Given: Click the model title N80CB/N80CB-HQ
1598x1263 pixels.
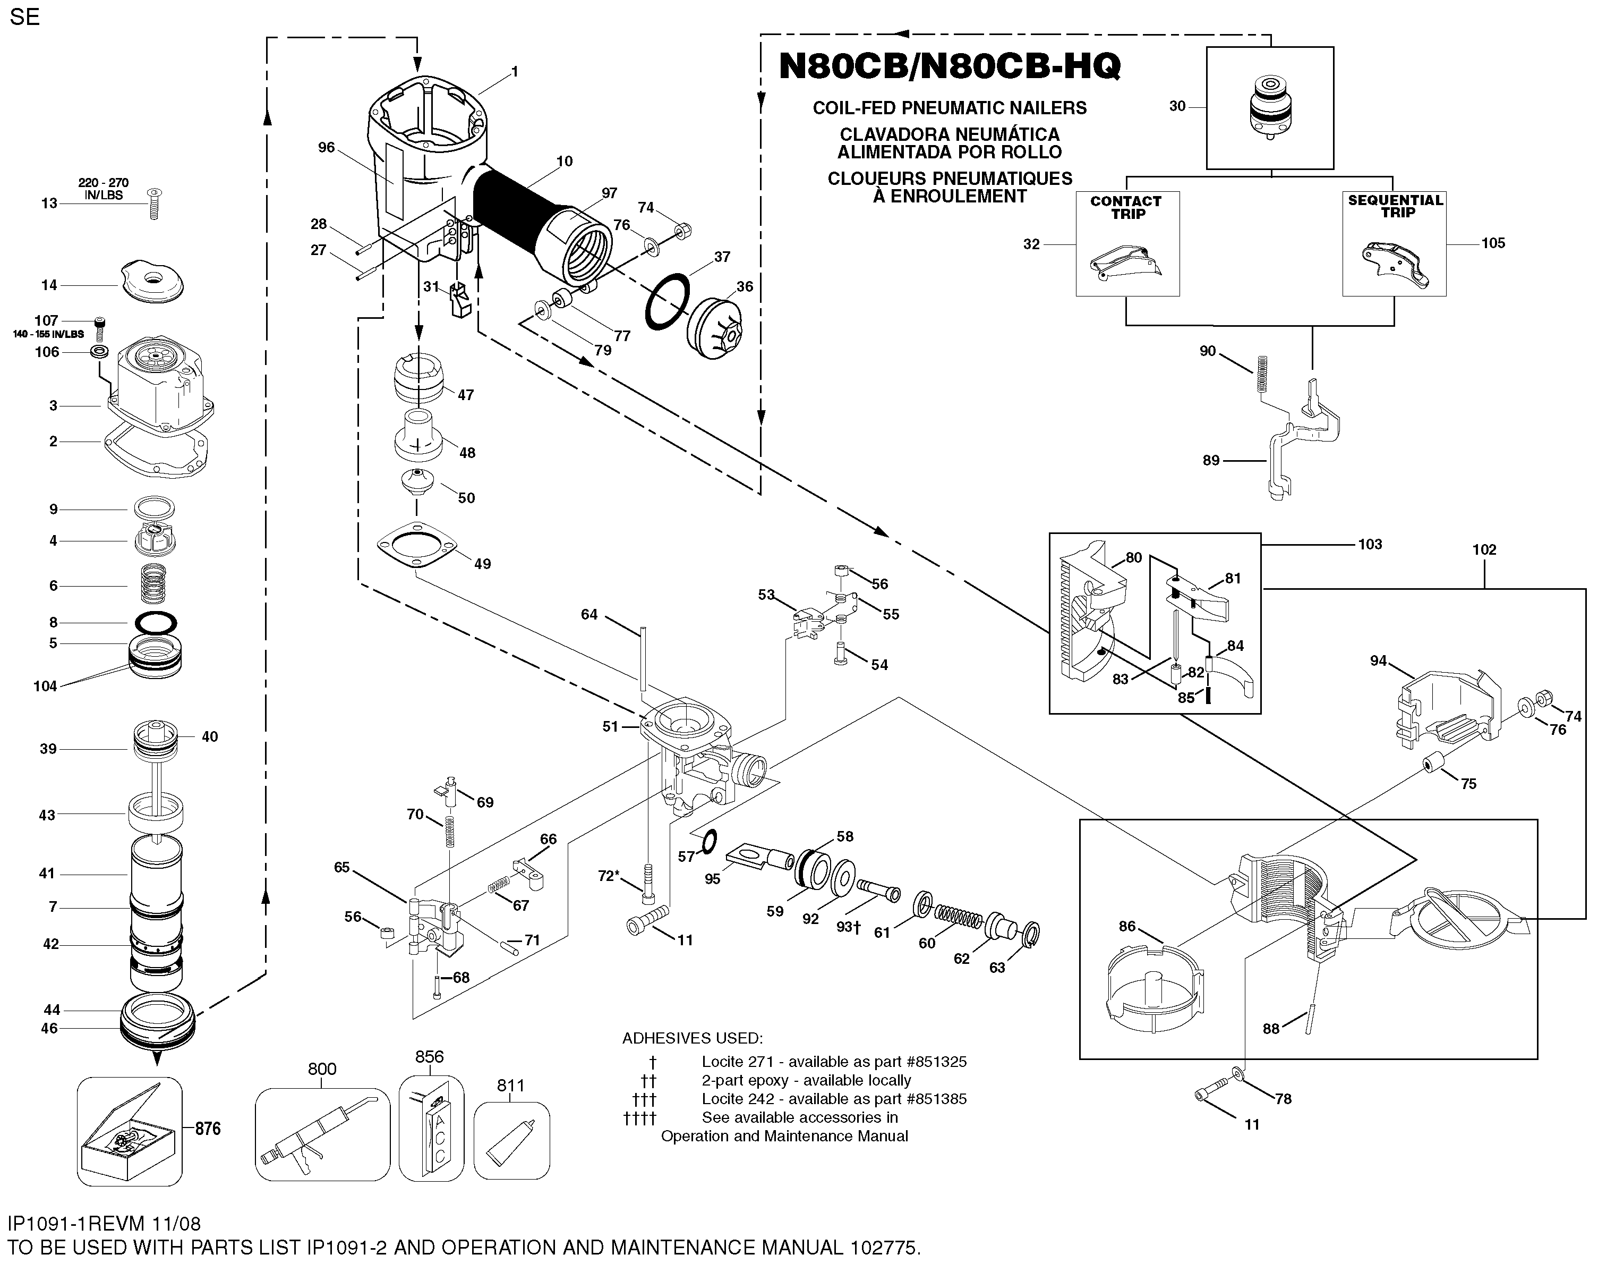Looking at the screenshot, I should pyautogui.click(x=950, y=66).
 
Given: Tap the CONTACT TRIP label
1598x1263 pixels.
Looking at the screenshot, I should pyautogui.click(x=1126, y=207).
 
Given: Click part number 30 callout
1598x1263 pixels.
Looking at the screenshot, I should pyautogui.click(x=1177, y=106).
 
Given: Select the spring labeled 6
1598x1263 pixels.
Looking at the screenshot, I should pyautogui.click(x=153, y=584).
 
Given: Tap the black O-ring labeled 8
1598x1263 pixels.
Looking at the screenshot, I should pyautogui.click(x=157, y=623).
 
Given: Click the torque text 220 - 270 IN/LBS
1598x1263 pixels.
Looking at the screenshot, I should pyautogui.click(x=104, y=189).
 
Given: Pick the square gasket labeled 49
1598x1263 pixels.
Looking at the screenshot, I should pyautogui.click(x=417, y=546).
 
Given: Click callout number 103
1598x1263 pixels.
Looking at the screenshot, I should pyautogui.click(x=1370, y=544).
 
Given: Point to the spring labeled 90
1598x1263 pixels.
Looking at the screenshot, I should pyautogui.click(x=1263, y=374).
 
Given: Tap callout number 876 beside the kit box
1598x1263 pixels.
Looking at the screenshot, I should pyautogui.click(x=208, y=1129).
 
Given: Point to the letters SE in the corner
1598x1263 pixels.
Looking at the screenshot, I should pyautogui.click(x=25, y=17).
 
